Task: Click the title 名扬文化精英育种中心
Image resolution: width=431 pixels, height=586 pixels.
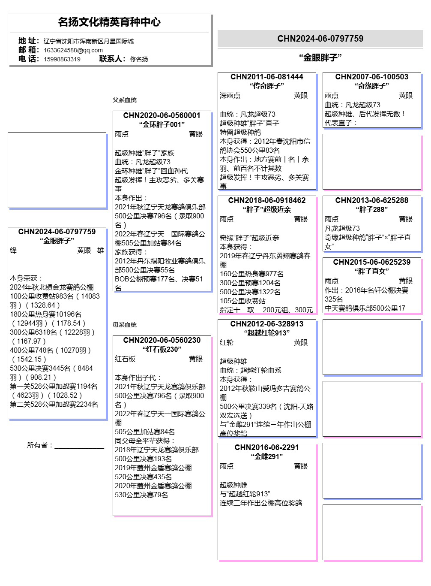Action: pyautogui.click(x=109, y=22)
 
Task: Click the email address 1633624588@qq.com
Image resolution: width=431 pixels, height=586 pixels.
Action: pyautogui.click(x=73, y=50)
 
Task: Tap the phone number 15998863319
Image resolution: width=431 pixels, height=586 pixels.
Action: pyautogui.click(x=62, y=59)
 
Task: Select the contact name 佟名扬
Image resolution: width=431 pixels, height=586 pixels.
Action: pyautogui.click(x=139, y=59)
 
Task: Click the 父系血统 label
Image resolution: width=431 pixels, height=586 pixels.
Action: pyautogui.click(x=124, y=100)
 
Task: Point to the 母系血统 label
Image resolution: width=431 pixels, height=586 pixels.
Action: pyautogui.click(x=124, y=325)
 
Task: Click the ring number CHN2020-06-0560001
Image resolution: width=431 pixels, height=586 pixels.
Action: pyautogui.click(x=162, y=115)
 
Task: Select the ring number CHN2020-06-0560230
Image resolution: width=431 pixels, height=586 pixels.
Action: pyautogui.click(x=162, y=340)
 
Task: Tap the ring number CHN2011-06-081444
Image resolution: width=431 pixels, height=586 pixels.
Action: pyautogui.click(x=266, y=77)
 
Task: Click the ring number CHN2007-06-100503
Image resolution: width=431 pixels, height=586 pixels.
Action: pyautogui.click(x=371, y=77)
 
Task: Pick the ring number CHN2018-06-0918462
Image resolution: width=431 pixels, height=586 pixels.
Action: pyautogui.click(x=266, y=200)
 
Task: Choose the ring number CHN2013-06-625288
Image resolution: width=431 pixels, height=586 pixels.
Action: pyautogui.click(x=371, y=200)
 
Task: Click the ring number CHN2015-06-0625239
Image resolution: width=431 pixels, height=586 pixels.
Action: pyautogui.click(x=371, y=262)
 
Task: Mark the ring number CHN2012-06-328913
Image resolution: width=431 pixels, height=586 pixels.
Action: pyautogui.click(x=266, y=324)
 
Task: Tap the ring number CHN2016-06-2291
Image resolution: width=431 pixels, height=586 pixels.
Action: pyautogui.click(x=266, y=447)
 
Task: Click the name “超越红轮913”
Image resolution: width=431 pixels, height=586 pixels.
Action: pyautogui.click(x=266, y=333)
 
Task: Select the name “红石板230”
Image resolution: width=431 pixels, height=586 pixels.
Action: pyautogui.click(x=162, y=349)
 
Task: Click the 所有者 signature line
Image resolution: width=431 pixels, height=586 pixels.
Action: pyautogui.click(x=79, y=447)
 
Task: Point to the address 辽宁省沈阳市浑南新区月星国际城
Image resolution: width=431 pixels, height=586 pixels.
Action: pyautogui.click(x=89, y=41)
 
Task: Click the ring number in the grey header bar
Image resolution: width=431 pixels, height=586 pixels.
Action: pyautogui.click(x=320, y=39)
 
